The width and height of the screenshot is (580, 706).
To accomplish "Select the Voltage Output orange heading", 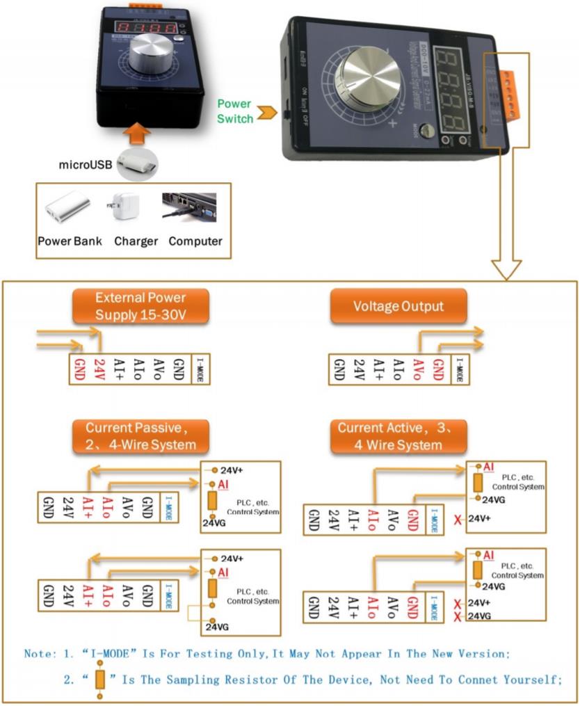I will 398,306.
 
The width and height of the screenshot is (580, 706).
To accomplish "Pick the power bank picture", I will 68,207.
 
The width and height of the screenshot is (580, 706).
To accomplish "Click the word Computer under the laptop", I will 195,241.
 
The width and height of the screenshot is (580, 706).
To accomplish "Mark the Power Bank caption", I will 70,241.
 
